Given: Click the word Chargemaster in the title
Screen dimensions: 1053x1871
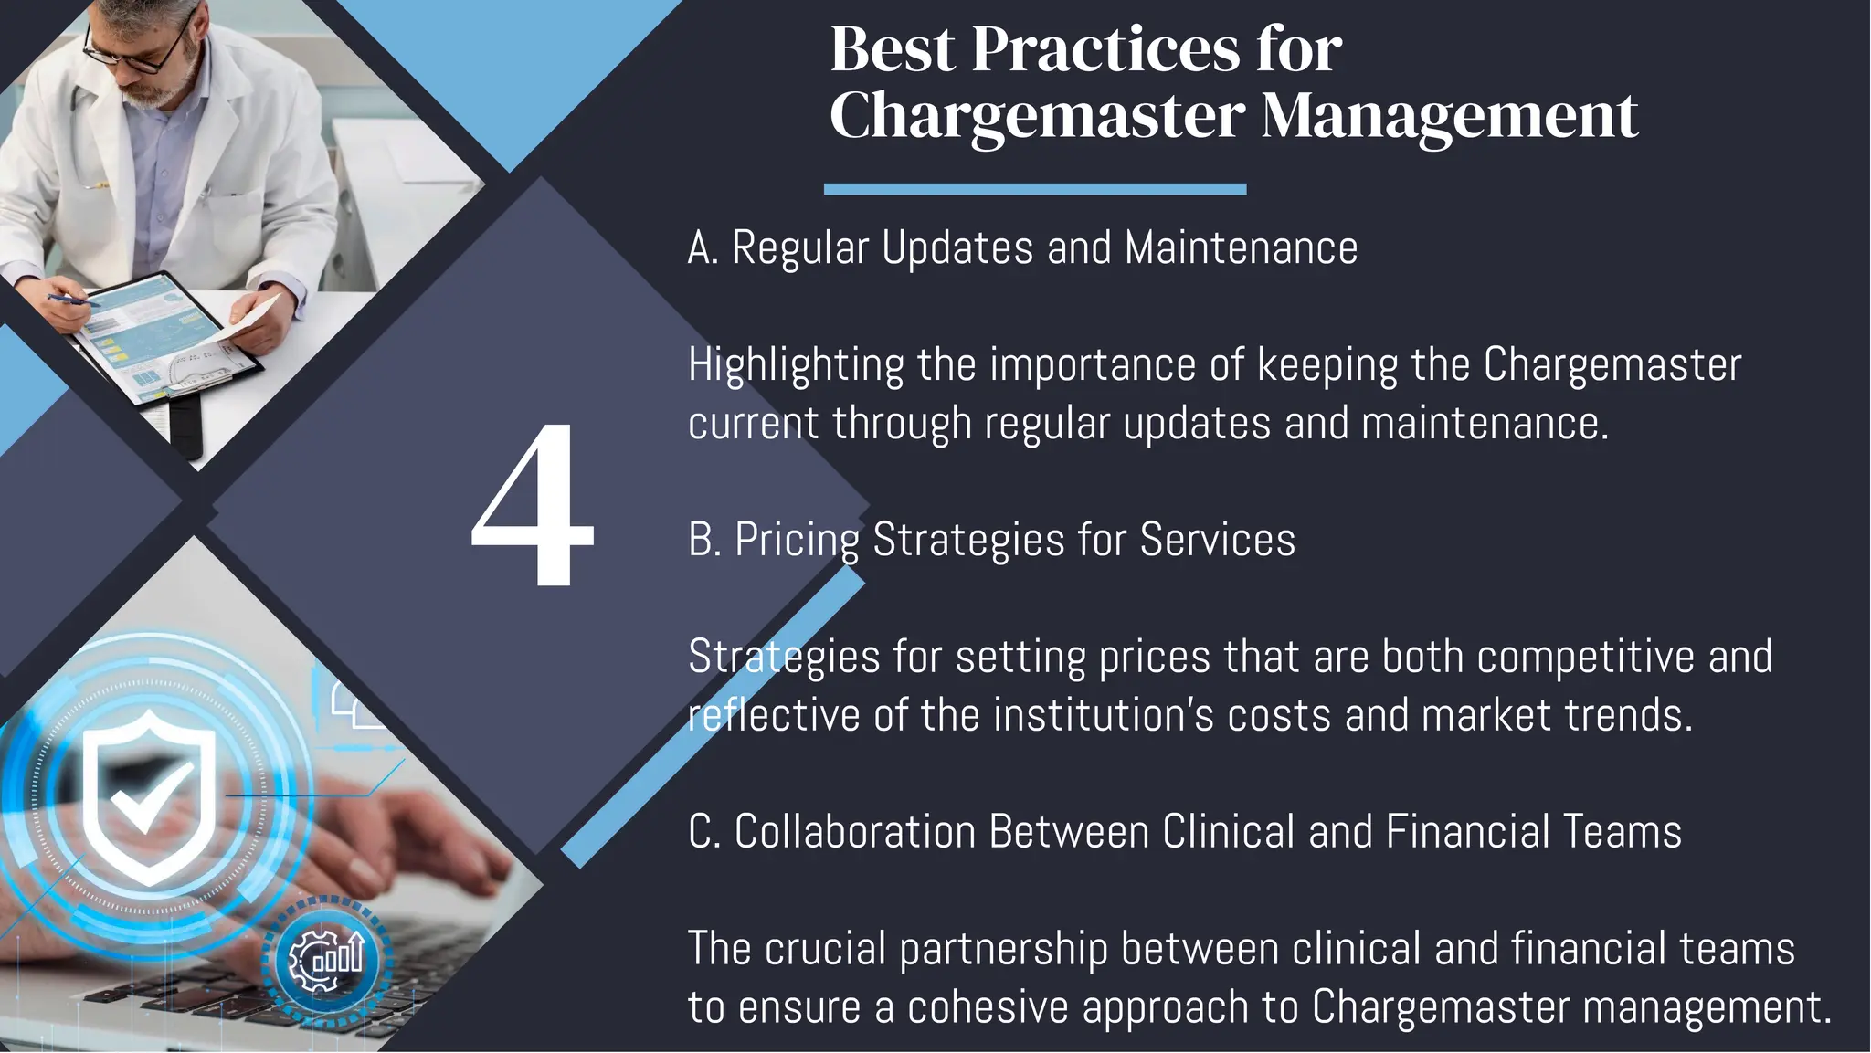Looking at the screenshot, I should pyautogui.click(x=1037, y=116).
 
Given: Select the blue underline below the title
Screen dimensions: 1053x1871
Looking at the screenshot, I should pyautogui.click(x=1034, y=189).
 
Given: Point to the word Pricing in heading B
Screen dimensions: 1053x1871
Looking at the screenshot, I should pyautogui.click(x=797, y=540).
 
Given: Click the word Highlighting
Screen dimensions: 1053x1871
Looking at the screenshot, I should pyautogui.click(x=796, y=365).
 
